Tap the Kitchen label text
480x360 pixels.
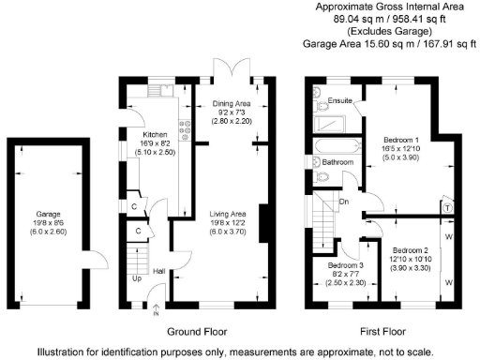(x=129, y=134)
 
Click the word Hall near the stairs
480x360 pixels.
(x=159, y=272)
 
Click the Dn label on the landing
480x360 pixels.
(x=344, y=200)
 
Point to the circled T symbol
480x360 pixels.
(x=447, y=207)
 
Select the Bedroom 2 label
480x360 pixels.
(x=411, y=249)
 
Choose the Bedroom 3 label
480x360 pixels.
(x=345, y=265)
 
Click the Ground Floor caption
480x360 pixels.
(x=198, y=332)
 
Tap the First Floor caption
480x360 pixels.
(x=384, y=332)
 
